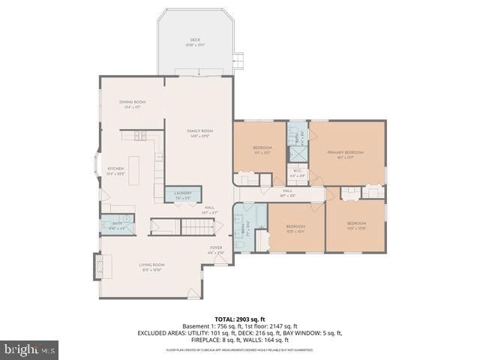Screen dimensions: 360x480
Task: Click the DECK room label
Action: (x=195, y=39)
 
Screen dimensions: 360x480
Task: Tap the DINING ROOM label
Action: (x=132, y=102)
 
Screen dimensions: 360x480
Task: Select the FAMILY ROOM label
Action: (x=200, y=131)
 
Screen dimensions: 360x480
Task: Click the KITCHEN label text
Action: (x=115, y=169)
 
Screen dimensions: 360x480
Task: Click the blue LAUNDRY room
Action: (x=183, y=194)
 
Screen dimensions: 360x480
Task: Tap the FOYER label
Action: (x=216, y=247)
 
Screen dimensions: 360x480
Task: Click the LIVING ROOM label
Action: (x=151, y=265)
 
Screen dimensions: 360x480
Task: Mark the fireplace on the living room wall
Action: (x=97, y=266)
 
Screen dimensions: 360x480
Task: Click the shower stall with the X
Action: (x=297, y=154)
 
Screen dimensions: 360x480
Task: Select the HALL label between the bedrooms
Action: (x=287, y=191)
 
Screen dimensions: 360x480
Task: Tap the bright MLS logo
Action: (x=30, y=349)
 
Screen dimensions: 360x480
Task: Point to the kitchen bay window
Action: (x=97, y=169)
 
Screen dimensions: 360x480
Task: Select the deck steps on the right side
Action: (x=238, y=61)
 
